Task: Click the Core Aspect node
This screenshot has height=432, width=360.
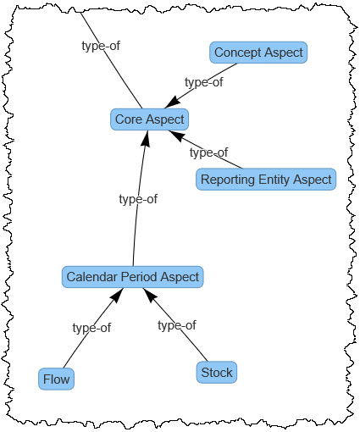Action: tap(149, 119)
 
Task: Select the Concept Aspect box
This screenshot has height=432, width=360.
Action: tap(258, 53)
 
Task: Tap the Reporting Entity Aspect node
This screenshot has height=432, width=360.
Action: tap(266, 180)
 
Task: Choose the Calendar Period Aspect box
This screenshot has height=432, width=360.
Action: tap(132, 277)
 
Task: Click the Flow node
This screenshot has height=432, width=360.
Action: tap(56, 379)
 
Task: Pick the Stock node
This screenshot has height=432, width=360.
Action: tap(217, 373)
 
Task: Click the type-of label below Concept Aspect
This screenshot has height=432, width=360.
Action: tap(204, 82)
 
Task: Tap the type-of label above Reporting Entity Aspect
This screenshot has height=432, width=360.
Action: tap(208, 152)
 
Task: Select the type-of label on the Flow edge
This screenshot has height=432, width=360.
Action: tap(91, 328)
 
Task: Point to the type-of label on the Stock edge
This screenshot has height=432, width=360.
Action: tap(177, 325)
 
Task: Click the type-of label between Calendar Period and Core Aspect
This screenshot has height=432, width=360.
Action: tap(138, 199)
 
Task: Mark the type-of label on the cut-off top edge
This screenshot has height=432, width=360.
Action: tap(101, 46)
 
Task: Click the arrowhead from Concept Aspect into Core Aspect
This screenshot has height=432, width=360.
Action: tap(173, 103)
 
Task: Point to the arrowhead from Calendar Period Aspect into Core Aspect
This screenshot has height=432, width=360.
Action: tap(146, 139)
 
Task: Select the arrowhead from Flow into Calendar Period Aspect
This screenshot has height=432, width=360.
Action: tap(117, 296)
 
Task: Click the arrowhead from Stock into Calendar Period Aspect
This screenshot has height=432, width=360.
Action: tap(150, 296)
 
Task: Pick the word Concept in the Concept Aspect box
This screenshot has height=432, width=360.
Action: tap(238, 53)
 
